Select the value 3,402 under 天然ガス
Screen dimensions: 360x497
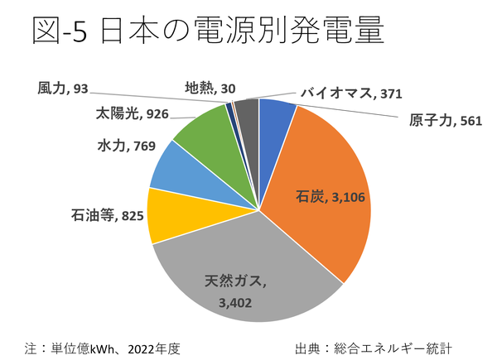(x=235, y=302)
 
